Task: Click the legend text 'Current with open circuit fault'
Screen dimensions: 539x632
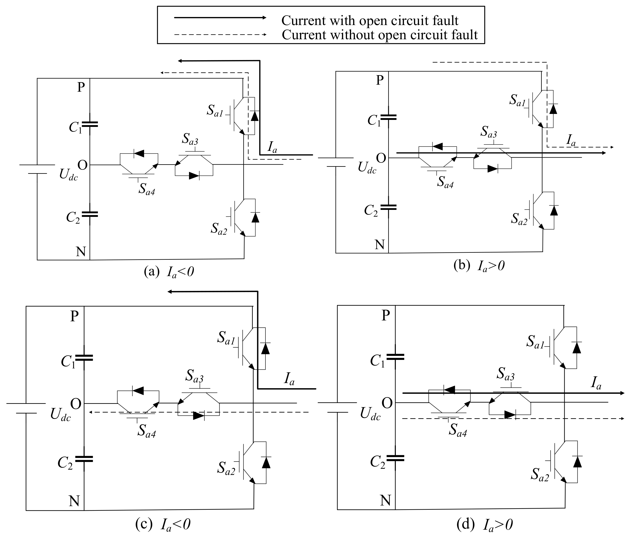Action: (x=370, y=20)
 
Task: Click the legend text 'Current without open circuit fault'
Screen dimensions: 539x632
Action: (x=380, y=35)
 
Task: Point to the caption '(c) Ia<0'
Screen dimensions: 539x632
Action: (x=163, y=524)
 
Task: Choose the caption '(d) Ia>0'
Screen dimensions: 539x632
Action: (x=484, y=525)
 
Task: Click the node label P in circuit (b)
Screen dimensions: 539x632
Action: (x=379, y=80)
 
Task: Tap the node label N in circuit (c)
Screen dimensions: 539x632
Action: (x=74, y=501)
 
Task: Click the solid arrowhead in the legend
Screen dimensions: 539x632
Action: (x=264, y=17)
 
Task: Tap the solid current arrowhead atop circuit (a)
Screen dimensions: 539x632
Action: (x=180, y=61)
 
